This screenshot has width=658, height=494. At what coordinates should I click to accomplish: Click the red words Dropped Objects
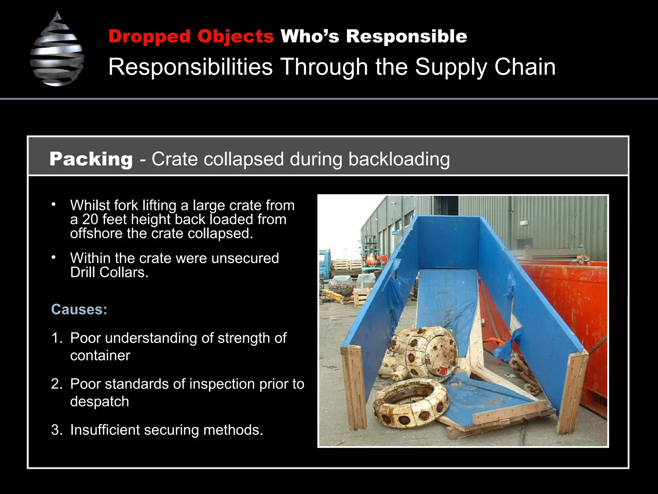191,36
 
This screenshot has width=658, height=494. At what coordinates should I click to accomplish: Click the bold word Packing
91,159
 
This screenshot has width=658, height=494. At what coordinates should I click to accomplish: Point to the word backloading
399,159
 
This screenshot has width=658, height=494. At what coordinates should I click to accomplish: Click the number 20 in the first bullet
90,220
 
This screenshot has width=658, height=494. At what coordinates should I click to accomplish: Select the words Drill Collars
109,273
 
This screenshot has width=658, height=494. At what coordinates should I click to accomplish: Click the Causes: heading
79,309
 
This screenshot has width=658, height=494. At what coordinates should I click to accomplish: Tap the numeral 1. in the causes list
56,338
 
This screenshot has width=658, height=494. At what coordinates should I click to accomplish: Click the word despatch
100,402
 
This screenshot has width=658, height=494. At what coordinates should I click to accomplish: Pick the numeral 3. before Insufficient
56,430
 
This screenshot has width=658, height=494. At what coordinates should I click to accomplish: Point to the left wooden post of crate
353,386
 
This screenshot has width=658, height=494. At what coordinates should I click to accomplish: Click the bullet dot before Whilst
53,205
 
